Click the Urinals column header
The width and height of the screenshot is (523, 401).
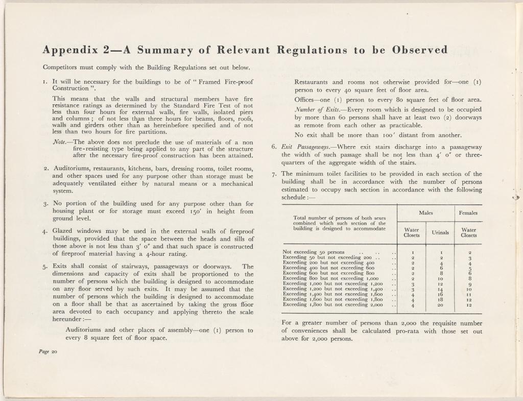pyautogui.click(x=440, y=233)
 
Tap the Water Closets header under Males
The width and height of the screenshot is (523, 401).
pyautogui.click(x=411, y=233)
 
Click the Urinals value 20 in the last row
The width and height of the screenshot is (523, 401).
pyautogui.click(x=440, y=305)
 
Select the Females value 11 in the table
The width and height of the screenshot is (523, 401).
pyautogui.click(x=469, y=294)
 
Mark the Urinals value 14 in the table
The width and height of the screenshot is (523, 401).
pyautogui.click(x=440, y=289)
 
